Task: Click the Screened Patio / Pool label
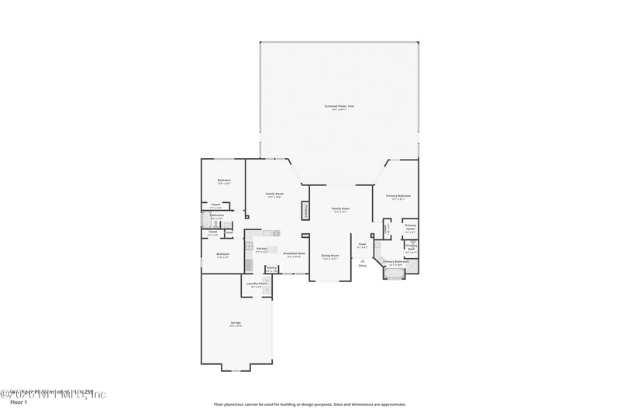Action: click(x=339, y=106)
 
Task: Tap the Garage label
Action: click(x=236, y=323)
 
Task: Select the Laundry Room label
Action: click(x=257, y=284)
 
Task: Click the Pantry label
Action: click(x=272, y=268)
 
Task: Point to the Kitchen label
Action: click(x=262, y=249)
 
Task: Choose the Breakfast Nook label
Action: click(x=294, y=253)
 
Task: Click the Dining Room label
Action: click(x=330, y=256)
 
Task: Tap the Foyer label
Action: click(x=362, y=245)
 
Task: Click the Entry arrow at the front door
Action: click(x=362, y=261)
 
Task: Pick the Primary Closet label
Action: click(x=410, y=227)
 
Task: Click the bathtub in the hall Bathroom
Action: click(x=206, y=219)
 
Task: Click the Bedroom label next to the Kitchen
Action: click(x=222, y=254)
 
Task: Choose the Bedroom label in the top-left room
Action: click(x=224, y=181)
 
